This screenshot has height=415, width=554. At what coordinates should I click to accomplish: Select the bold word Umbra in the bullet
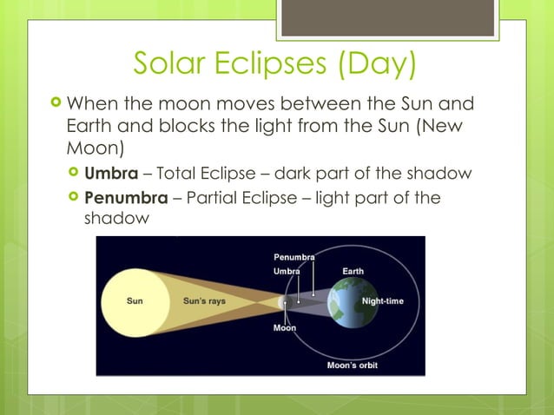pyautogui.click(x=117, y=173)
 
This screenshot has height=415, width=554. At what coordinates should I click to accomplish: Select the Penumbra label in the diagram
pyautogui.click(x=294, y=258)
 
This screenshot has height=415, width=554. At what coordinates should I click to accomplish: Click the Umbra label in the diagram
pyautogui.click(x=287, y=272)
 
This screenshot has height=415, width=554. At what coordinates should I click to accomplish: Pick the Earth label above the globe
pyautogui.click(x=353, y=272)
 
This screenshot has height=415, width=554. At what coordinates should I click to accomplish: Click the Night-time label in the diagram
pyautogui.click(x=382, y=301)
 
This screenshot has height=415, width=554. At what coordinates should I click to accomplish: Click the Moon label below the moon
pyautogui.click(x=285, y=328)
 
